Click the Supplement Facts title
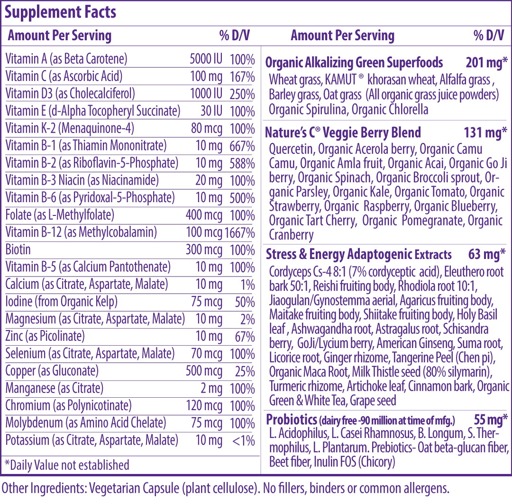tap(60, 12)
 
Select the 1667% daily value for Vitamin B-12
tap(240, 233)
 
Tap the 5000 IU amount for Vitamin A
tap(206, 59)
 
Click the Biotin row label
tap(18, 250)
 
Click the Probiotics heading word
tap(291, 420)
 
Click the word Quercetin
tap(292, 149)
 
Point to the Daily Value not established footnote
tap(67, 465)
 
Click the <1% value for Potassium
tap(243, 441)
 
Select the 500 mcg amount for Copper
tap(204, 371)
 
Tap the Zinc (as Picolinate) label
tap(45, 336)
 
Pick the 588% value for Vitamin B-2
tap(242, 163)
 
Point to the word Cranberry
tap(291, 235)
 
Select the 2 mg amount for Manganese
tap(211, 388)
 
